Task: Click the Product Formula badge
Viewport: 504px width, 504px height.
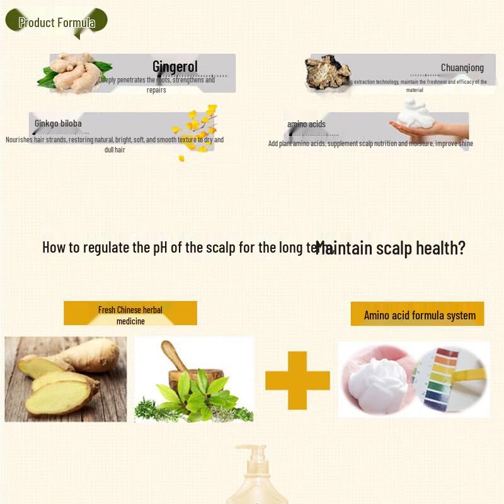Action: [57, 23]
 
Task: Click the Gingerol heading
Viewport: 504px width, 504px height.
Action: [175, 66]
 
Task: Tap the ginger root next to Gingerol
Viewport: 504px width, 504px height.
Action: [74, 72]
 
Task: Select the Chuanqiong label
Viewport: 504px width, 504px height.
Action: [462, 68]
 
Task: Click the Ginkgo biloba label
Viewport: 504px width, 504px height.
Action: [58, 123]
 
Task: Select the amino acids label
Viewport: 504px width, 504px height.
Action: [306, 124]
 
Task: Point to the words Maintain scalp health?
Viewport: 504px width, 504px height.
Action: [391, 248]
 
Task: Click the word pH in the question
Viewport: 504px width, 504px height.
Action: [160, 247]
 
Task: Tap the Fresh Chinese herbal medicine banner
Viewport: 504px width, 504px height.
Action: [130, 314]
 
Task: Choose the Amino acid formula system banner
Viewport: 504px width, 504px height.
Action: [419, 315]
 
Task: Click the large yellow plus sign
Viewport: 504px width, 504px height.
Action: [297, 381]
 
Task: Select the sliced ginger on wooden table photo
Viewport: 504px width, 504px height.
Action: [66, 379]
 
